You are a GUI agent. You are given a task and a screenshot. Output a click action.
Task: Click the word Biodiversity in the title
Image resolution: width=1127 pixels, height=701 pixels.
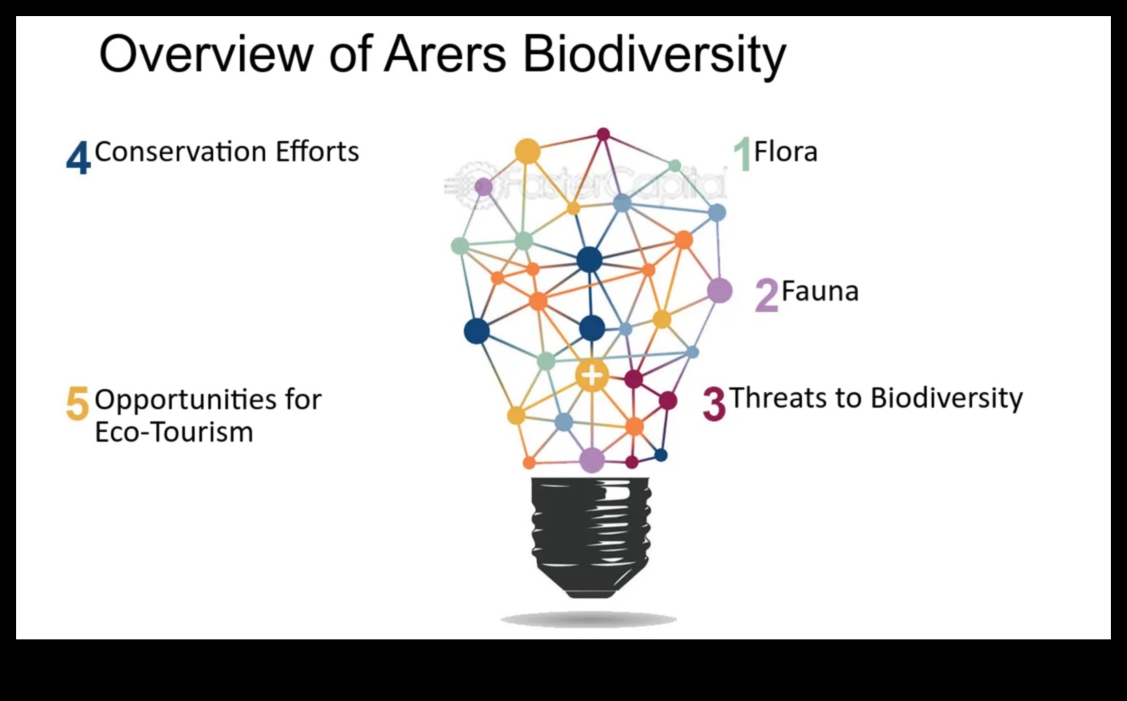click(653, 55)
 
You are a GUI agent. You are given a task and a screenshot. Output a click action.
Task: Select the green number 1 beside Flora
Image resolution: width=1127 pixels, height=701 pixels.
click(742, 154)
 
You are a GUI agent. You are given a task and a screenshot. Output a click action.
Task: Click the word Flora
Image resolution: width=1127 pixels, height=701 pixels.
click(786, 152)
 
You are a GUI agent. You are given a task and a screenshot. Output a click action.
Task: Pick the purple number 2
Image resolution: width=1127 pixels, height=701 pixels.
click(766, 296)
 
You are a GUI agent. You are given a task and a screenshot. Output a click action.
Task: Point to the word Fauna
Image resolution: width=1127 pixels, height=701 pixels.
click(820, 291)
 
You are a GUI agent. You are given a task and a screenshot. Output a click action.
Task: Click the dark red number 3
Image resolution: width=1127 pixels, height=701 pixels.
click(713, 404)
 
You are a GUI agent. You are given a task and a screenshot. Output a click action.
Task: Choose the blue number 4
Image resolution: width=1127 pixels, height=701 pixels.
click(78, 158)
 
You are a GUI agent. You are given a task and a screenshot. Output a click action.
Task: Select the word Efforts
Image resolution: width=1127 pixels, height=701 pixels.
click(316, 152)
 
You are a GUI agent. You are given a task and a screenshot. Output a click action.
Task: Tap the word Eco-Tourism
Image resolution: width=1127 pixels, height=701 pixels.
click(174, 432)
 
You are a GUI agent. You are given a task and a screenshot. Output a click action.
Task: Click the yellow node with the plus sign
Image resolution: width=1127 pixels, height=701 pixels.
click(593, 375)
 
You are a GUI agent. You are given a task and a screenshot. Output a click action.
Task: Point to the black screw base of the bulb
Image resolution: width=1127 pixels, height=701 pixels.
click(590, 535)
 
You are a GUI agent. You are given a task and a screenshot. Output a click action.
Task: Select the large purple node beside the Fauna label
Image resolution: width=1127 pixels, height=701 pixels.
click(719, 290)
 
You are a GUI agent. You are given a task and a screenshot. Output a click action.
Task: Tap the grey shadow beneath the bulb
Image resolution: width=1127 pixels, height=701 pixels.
click(589, 620)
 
